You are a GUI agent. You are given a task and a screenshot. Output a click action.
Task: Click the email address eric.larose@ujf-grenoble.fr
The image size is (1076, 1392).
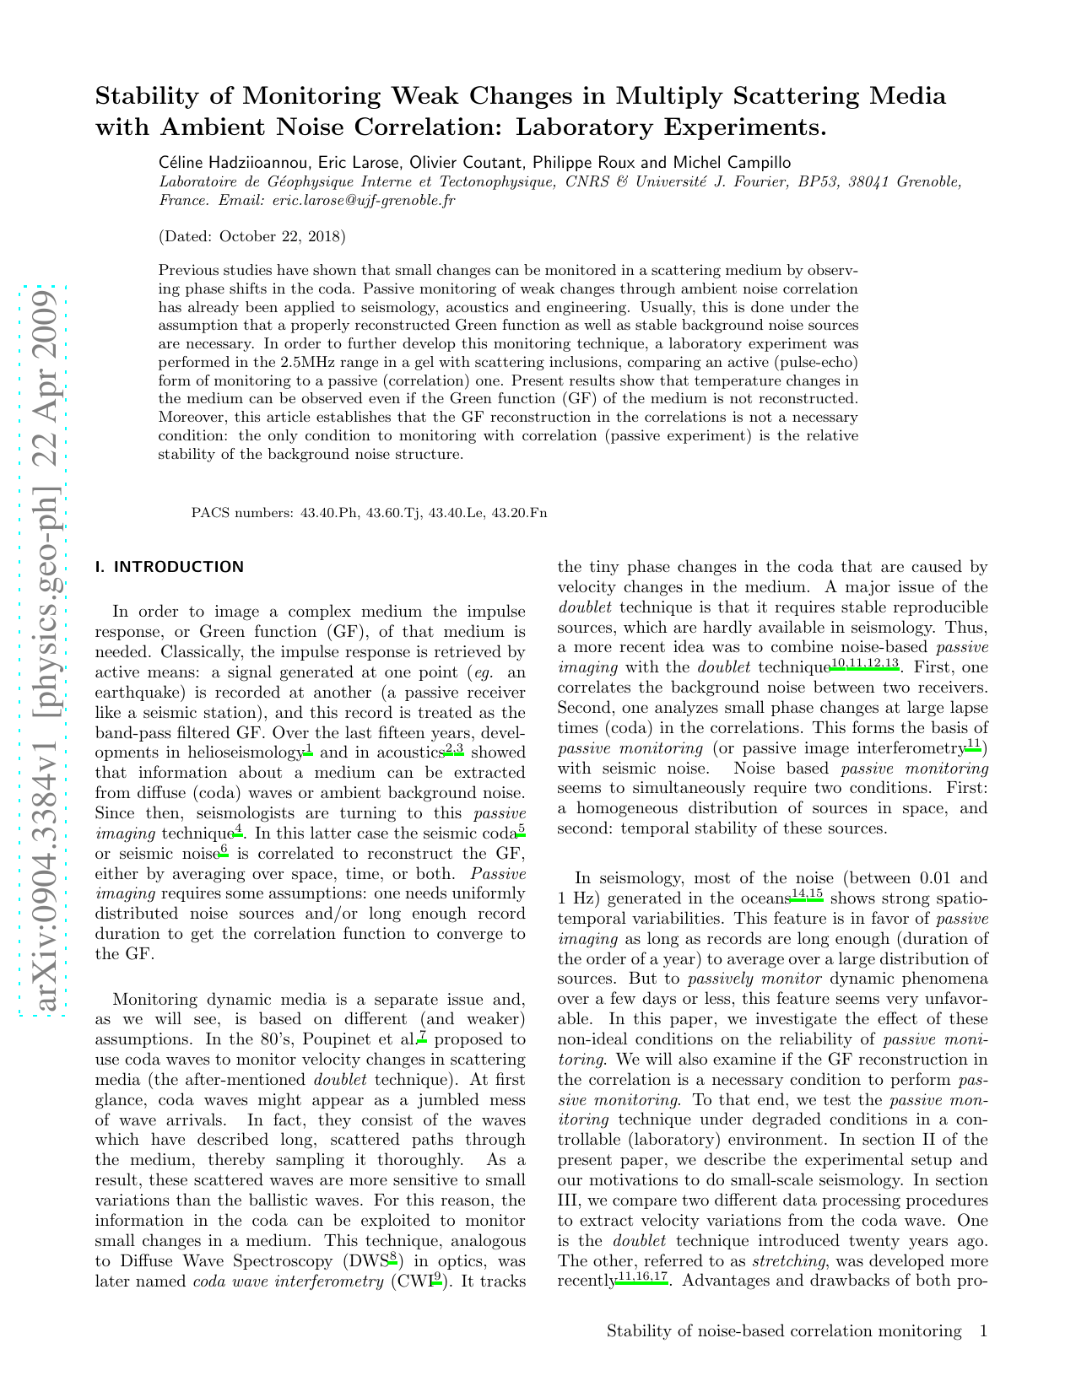363,201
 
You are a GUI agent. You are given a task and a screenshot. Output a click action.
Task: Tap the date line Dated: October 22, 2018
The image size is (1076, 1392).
252,236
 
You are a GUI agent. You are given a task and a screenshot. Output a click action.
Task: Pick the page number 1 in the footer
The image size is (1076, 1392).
982,1331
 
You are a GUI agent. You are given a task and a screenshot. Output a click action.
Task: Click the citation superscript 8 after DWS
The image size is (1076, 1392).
393,1258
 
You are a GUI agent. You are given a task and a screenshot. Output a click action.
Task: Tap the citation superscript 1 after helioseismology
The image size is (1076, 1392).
309,748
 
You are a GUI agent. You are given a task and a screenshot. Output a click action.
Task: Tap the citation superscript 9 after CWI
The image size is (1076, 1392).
436,1278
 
